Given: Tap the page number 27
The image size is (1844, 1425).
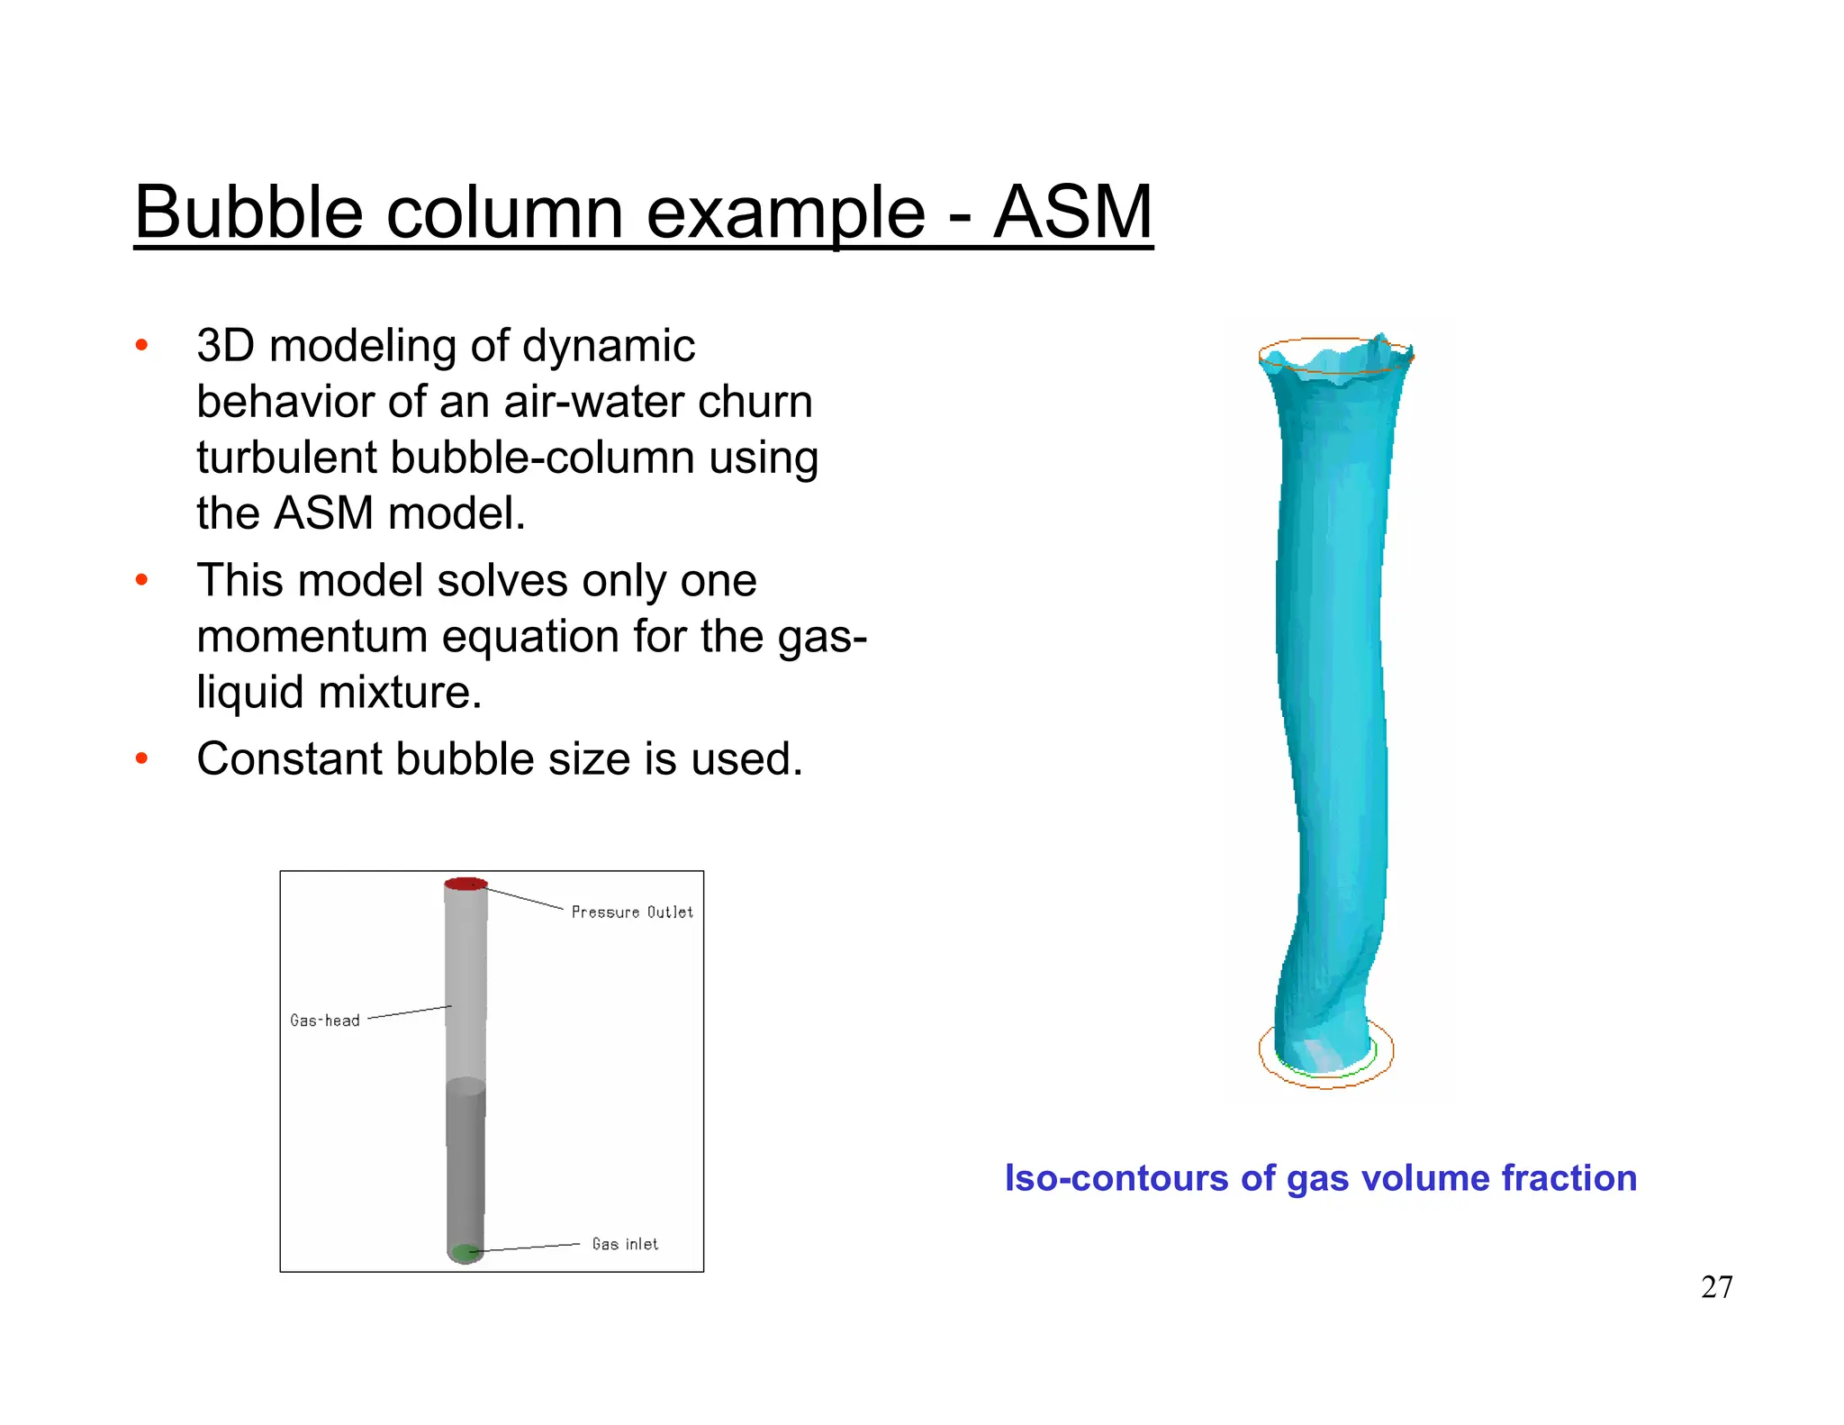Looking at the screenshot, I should tap(1716, 1287).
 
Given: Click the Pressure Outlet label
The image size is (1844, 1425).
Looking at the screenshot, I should tap(632, 912).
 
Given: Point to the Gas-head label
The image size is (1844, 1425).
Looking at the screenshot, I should tap(325, 1021).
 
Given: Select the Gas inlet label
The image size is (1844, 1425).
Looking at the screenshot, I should tap(625, 1244).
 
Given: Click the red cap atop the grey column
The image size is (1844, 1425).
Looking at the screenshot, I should tap(466, 884).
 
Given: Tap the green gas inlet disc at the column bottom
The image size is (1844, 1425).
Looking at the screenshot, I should tap(465, 1252).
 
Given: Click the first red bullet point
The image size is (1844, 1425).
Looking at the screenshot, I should tap(141, 346).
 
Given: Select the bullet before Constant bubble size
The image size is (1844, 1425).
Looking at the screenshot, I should tap(141, 759).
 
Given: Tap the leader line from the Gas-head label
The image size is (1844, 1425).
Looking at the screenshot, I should tap(410, 1012).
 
